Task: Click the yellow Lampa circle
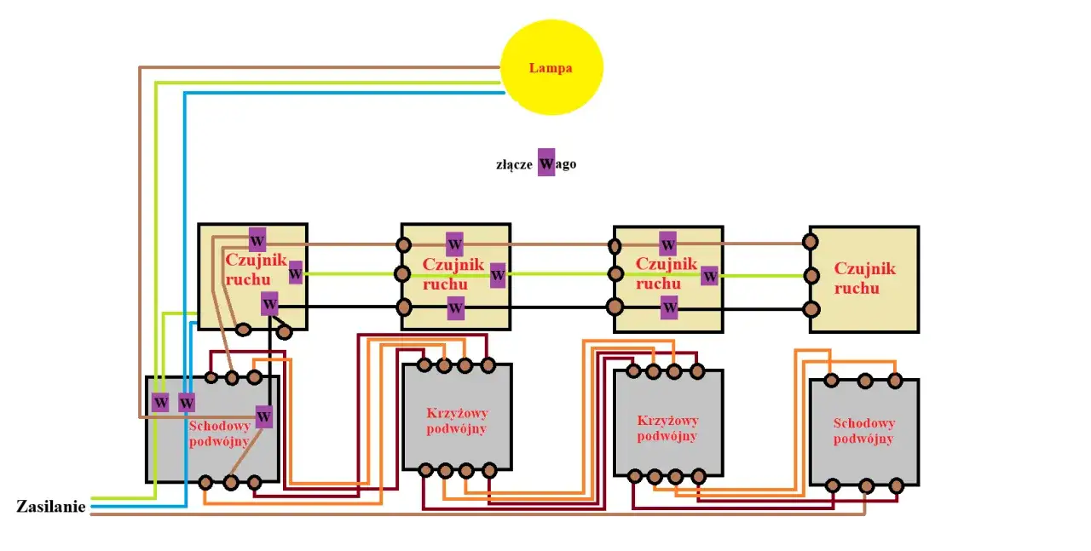click(x=551, y=67)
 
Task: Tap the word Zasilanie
click(x=51, y=507)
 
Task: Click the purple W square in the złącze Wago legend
click(x=546, y=163)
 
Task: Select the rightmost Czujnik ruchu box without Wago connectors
click(x=864, y=278)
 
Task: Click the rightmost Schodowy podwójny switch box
click(x=863, y=432)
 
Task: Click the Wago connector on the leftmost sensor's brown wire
click(x=257, y=239)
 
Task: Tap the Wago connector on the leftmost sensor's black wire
click(x=269, y=304)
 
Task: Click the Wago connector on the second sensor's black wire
click(x=456, y=307)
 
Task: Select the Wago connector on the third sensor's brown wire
click(x=668, y=244)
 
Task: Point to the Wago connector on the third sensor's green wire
click(x=709, y=276)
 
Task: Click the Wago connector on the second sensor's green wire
click(x=498, y=276)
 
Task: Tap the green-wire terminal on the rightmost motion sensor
click(x=812, y=275)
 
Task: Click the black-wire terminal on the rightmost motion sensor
click(x=812, y=308)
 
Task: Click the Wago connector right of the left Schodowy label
click(x=264, y=416)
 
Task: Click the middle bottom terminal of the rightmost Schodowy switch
click(x=866, y=486)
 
